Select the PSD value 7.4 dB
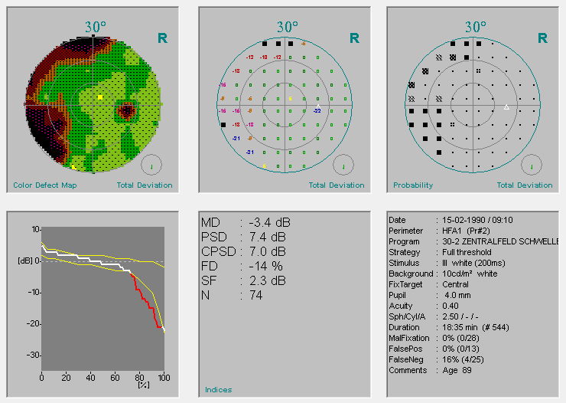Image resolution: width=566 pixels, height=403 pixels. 267,237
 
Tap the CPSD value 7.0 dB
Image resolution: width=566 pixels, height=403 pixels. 267,251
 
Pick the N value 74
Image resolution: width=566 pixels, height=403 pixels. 255,295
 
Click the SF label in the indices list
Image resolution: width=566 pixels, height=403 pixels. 208,280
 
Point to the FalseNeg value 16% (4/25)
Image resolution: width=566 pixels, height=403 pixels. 466,359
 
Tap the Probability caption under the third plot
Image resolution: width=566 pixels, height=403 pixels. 413,185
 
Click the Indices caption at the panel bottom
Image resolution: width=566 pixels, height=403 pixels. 218,390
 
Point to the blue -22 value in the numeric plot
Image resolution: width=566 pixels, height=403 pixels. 317,111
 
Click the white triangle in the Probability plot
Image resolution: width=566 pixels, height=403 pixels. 506,107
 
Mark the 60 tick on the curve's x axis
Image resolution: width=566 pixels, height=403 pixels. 115,378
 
